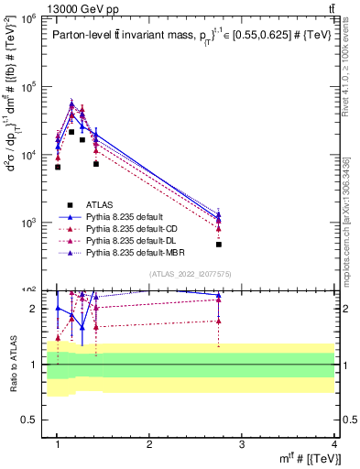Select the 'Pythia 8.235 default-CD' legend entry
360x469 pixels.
pyautogui.click(x=128, y=228)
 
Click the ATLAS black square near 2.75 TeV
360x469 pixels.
pyautogui.click(x=219, y=245)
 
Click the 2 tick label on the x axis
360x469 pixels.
pyautogui.click(x=149, y=444)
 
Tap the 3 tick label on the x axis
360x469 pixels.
pyautogui.click(x=242, y=444)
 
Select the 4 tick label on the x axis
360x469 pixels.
pyautogui.click(x=333, y=444)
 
